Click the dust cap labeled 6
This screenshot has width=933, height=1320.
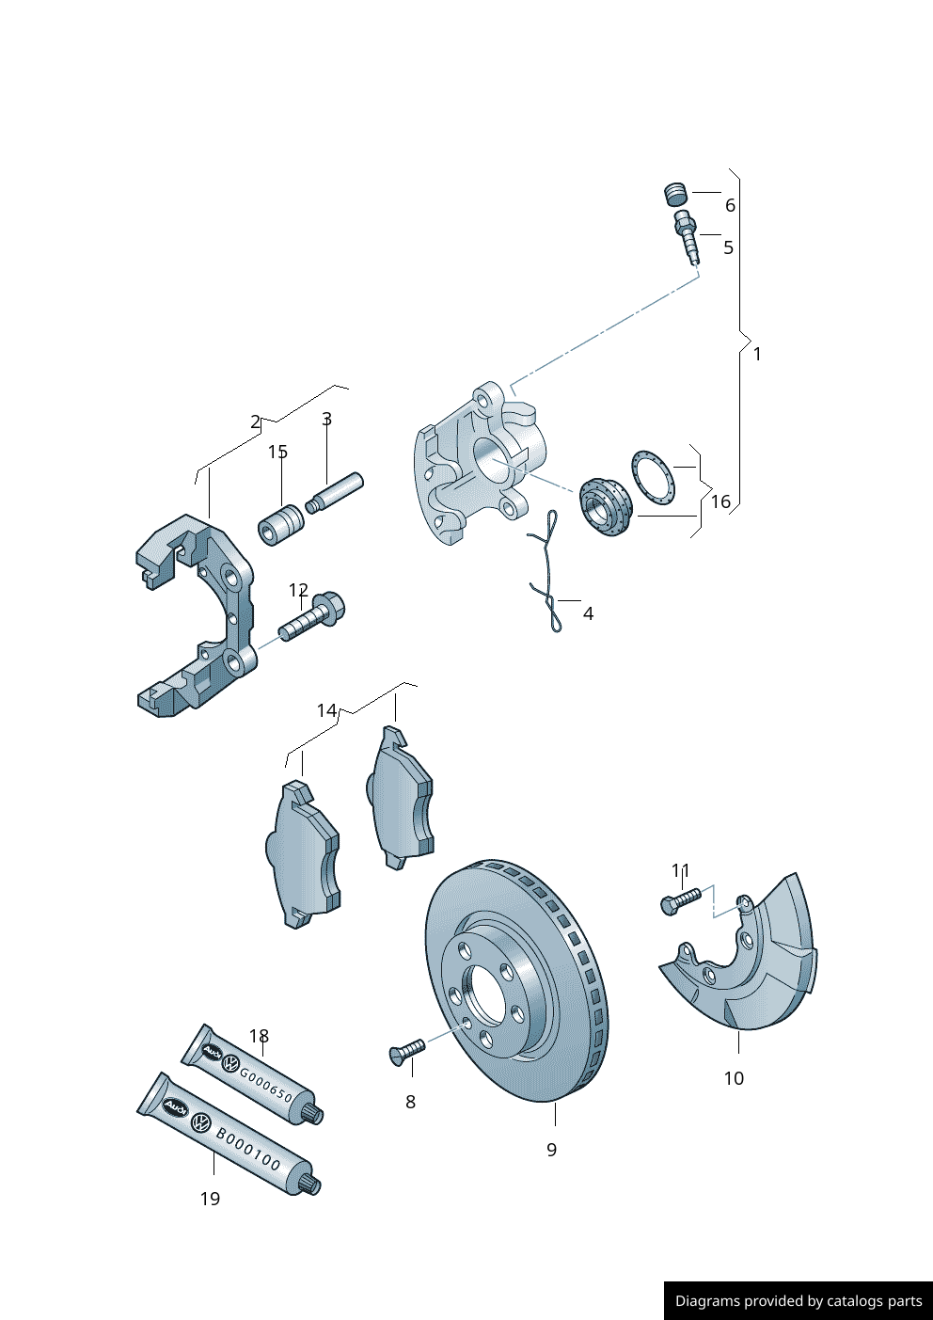point(675,194)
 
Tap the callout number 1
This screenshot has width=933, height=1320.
point(757,355)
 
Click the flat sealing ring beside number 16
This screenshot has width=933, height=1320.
point(653,475)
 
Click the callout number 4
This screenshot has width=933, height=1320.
point(588,614)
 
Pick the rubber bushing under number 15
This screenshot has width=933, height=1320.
point(280,524)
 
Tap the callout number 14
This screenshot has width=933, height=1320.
point(326,710)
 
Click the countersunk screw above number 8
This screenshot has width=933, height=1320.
point(406,1051)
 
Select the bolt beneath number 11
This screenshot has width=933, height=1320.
point(680,900)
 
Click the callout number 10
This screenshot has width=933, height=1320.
point(734,1078)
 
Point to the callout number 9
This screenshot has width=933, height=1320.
point(551,1150)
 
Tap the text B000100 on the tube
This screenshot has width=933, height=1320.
point(248,1150)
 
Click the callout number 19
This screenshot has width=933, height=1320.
point(210,1199)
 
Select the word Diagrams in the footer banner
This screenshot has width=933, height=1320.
point(707,1301)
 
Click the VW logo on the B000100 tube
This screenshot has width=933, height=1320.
point(200,1121)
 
